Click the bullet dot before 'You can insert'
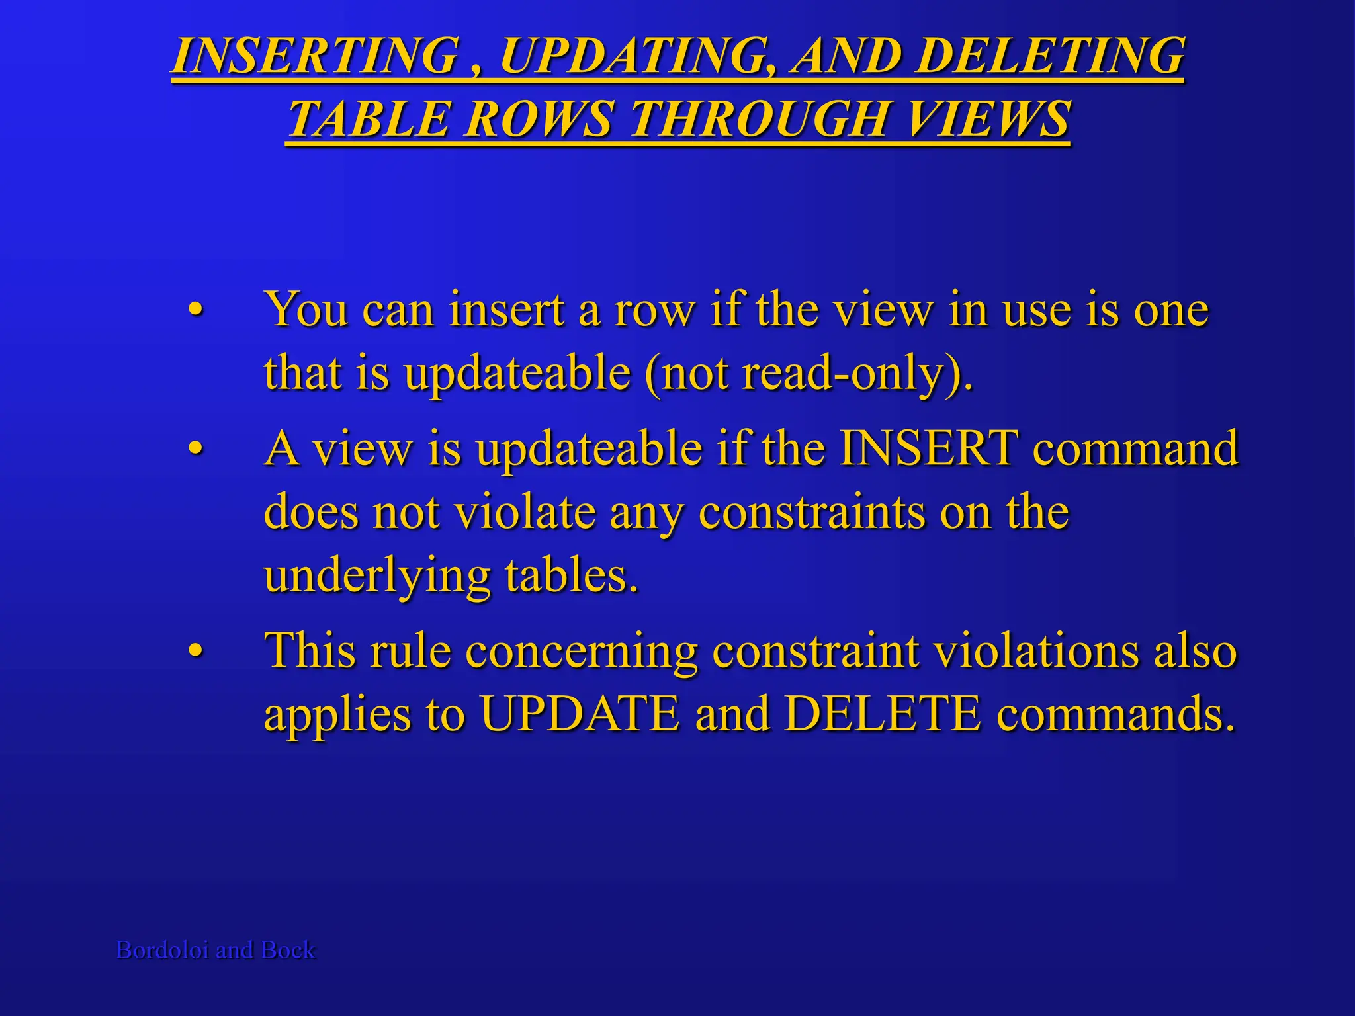click(195, 310)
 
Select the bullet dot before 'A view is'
click(195, 449)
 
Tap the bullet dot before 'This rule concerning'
click(195, 651)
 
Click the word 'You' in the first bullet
click(306, 310)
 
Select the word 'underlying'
click(377, 577)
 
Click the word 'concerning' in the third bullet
click(582, 652)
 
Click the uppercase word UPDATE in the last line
click(580, 714)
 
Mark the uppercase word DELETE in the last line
click(883, 714)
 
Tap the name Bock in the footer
click(288, 950)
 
